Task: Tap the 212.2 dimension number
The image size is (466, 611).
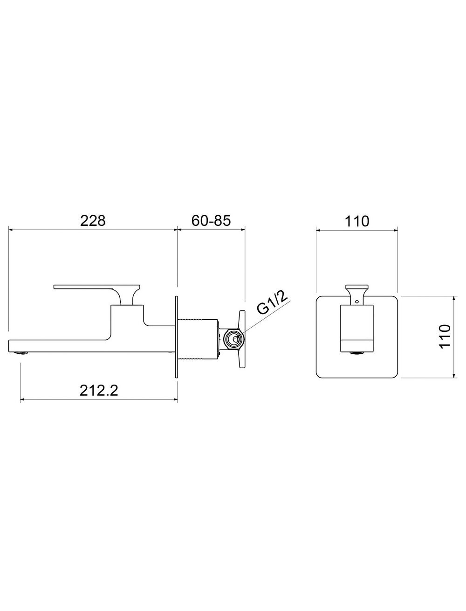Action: tap(99, 391)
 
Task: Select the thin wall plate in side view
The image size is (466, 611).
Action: tap(176, 337)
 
